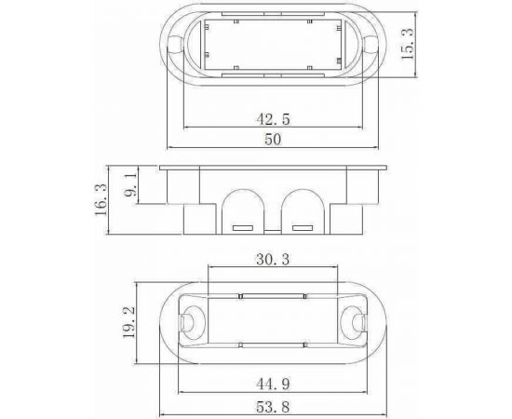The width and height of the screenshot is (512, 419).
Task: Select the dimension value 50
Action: click(x=273, y=139)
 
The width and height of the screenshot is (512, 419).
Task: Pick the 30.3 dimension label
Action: click(x=270, y=260)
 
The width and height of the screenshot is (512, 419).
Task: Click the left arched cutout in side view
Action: click(x=243, y=207)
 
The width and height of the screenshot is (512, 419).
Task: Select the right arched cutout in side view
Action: click(x=301, y=207)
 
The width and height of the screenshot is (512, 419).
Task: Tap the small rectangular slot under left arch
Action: click(x=244, y=227)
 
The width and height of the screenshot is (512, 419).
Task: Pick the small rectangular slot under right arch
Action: click(x=301, y=227)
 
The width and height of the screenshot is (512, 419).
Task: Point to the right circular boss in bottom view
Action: click(x=357, y=321)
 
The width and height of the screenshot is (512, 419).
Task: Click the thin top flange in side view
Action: click(x=272, y=168)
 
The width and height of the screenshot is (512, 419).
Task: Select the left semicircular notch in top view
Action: click(x=176, y=42)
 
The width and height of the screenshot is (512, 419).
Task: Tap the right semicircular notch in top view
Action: click(x=370, y=42)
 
